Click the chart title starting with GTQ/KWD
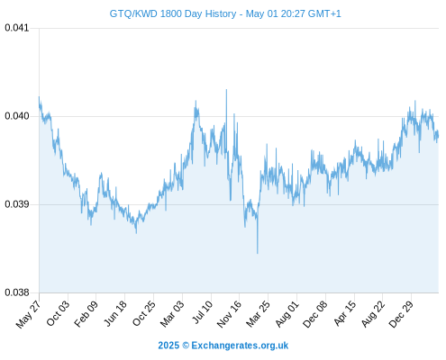click(225, 13)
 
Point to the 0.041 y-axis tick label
click(17, 28)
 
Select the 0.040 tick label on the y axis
click(17, 116)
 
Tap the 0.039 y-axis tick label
click(17, 204)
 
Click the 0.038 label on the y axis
click(17, 292)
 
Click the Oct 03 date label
click(58, 313)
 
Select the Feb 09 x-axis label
click(86, 314)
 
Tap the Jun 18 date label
click(115, 313)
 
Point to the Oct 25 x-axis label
click(144, 313)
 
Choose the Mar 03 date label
click(172, 314)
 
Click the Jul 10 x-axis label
click(203, 312)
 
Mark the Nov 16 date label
click(229, 314)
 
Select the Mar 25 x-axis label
click(258, 314)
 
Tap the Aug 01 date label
click(287, 314)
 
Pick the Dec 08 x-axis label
click(315, 314)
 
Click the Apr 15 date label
click(345, 313)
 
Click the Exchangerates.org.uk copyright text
click(223, 346)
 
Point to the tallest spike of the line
click(226, 90)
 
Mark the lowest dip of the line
click(258, 253)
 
